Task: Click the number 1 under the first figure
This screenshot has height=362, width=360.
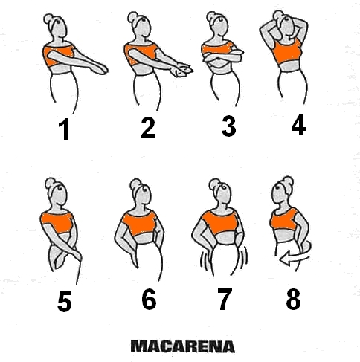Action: (x=64, y=129)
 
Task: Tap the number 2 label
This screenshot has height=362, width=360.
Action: (x=148, y=128)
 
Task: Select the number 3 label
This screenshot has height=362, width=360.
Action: (x=228, y=126)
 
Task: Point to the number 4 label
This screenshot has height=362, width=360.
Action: (x=299, y=124)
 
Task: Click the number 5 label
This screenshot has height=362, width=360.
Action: (x=65, y=301)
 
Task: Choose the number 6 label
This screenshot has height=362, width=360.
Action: (x=149, y=300)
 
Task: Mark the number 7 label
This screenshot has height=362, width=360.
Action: (x=225, y=299)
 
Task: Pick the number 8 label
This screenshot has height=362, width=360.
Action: (x=293, y=299)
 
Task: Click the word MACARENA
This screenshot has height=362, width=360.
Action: (x=183, y=346)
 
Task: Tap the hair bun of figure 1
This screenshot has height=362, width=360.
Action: (x=48, y=19)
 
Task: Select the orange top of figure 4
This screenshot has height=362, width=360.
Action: (x=287, y=53)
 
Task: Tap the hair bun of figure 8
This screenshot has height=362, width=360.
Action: (x=289, y=182)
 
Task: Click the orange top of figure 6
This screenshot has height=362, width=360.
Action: (x=139, y=223)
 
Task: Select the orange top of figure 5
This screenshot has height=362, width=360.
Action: (x=57, y=222)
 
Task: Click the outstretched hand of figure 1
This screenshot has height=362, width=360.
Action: (x=100, y=69)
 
